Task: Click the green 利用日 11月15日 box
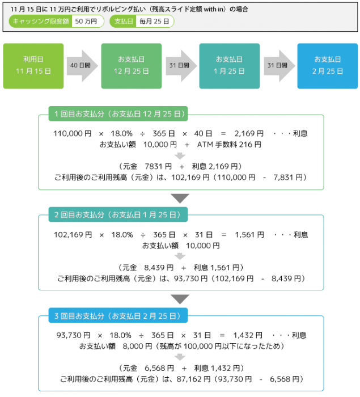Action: click(x=33, y=66)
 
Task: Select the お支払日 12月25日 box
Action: click(x=132, y=66)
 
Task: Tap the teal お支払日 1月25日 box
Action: click(x=230, y=66)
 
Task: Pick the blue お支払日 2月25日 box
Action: click(x=327, y=66)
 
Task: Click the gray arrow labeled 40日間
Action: click(x=82, y=66)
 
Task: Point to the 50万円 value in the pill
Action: click(x=86, y=22)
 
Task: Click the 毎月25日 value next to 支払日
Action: click(x=154, y=22)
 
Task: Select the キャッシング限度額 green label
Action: click(x=41, y=22)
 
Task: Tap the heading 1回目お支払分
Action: click(x=118, y=113)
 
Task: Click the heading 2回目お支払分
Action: click(x=118, y=215)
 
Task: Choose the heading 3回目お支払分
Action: click(x=118, y=315)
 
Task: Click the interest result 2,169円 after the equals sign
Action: click(x=249, y=133)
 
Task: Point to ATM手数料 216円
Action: click(x=229, y=145)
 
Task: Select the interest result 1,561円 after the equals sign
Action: click(x=249, y=235)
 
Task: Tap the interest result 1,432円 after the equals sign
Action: click(x=248, y=336)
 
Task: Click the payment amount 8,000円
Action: click(x=137, y=346)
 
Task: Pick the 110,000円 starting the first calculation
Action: click(x=73, y=133)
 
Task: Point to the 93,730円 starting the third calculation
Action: click(x=73, y=336)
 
